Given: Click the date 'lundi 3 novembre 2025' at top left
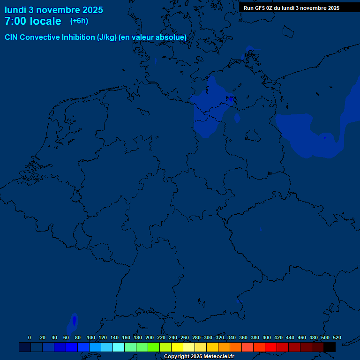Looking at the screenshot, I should click(54, 10).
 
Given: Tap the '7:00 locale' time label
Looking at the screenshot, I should click(33, 21).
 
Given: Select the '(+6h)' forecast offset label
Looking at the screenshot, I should click(79, 21).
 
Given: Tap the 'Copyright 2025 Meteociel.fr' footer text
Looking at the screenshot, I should click(199, 356).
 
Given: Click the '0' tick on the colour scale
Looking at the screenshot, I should click(30, 337).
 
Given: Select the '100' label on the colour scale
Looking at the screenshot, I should click(91, 337).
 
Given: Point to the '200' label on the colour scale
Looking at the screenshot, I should click(150, 337).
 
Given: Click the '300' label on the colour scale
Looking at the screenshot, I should click(208, 337).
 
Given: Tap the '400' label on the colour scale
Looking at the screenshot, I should click(267, 337).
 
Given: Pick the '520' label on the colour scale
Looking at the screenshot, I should click(337, 337).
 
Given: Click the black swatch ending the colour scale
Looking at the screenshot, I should click(330, 347).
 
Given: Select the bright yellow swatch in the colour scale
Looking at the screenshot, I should click(177, 347).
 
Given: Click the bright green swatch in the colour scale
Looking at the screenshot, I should click(154, 347).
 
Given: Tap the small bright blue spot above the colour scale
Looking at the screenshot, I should click(74, 321).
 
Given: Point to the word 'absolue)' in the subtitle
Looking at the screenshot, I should click(171, 37).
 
